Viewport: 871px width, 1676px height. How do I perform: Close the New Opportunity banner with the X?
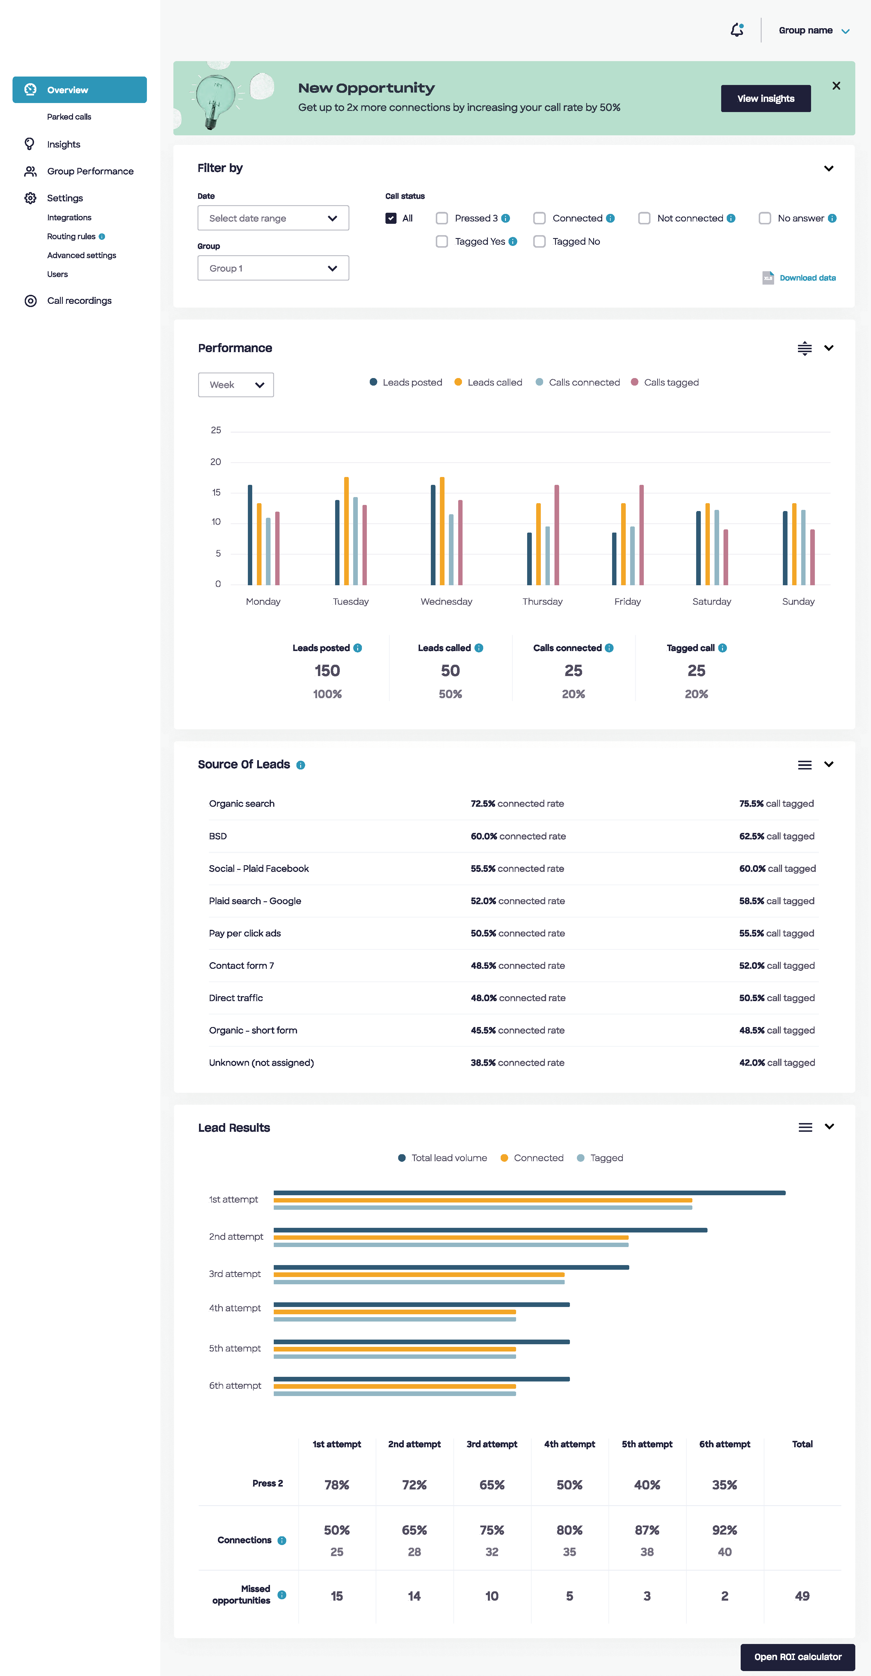(836, 86)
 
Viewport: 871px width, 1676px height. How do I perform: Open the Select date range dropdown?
(273, 218)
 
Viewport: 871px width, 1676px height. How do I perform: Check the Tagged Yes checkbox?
(442, 241)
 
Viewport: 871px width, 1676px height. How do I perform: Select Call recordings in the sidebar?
(79, 301)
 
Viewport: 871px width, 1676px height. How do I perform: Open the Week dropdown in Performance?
(235, 384)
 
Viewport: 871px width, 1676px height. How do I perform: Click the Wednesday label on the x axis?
(446, 601)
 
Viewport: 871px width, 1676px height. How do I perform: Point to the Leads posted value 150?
(327, 671)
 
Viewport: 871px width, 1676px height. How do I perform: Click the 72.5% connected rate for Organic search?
(517, 804)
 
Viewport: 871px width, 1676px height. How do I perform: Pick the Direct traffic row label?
(235, 998)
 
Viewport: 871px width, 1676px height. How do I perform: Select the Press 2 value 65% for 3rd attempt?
(492, 1485)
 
